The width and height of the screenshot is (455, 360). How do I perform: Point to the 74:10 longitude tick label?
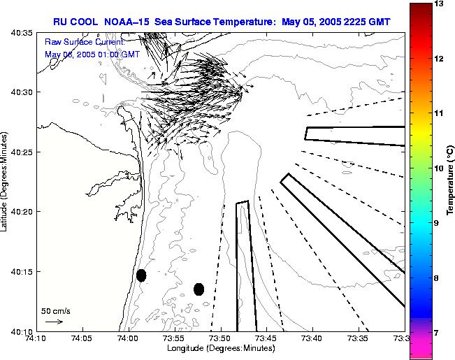[x=36, y=338]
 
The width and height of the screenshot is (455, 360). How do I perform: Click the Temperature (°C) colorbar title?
[x=451, y=182]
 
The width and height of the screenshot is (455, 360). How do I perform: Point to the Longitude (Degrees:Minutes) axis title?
[x=219, y=349]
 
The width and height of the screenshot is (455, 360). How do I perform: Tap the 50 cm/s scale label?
[x=55, y=310]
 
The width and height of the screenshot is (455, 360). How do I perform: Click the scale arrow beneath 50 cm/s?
[x=54, y=322]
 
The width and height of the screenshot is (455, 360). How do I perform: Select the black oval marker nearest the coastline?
[x=141, y=275]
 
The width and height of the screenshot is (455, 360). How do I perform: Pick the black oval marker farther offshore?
[x=198, y=289]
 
